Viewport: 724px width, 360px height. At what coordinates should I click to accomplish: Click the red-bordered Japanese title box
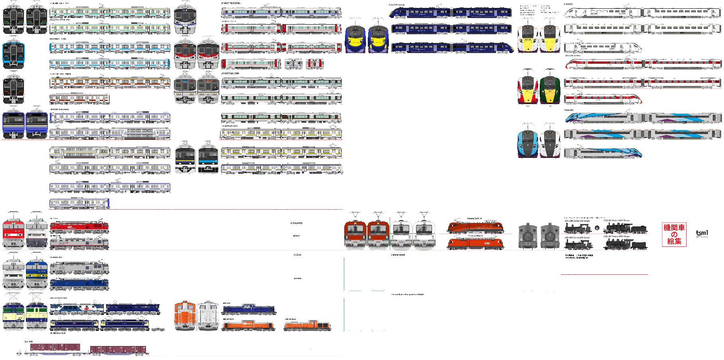tap(674, 234)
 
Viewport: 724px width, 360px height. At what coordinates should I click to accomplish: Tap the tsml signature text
tap(702, 233)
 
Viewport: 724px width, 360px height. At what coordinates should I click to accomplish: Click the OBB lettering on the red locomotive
tap(487, 243)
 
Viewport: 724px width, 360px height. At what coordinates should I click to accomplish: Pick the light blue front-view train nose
tap(528, 144)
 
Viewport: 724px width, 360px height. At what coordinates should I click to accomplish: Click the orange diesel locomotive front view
tap(185, 316)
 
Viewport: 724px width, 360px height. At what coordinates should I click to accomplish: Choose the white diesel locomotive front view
tap(208, 316)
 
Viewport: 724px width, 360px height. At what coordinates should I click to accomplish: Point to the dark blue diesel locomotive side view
tap(249, 309)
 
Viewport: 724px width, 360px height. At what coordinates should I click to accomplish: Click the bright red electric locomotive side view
tap(79, 227)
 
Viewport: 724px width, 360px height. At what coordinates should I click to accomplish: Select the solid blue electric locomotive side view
tap(79, 283)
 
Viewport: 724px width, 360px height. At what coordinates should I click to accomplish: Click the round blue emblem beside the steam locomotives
tap(597, 228)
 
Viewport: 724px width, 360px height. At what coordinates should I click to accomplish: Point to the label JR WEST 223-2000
tap(230, 73)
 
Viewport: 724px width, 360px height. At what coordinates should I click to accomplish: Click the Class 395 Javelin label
tap(397, 5)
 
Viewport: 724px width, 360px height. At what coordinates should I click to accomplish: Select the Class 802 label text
tap(568, 110)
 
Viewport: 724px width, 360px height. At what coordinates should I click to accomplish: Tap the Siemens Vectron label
tap(398, 255)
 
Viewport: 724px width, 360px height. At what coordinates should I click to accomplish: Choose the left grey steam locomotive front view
tap(528, 236)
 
